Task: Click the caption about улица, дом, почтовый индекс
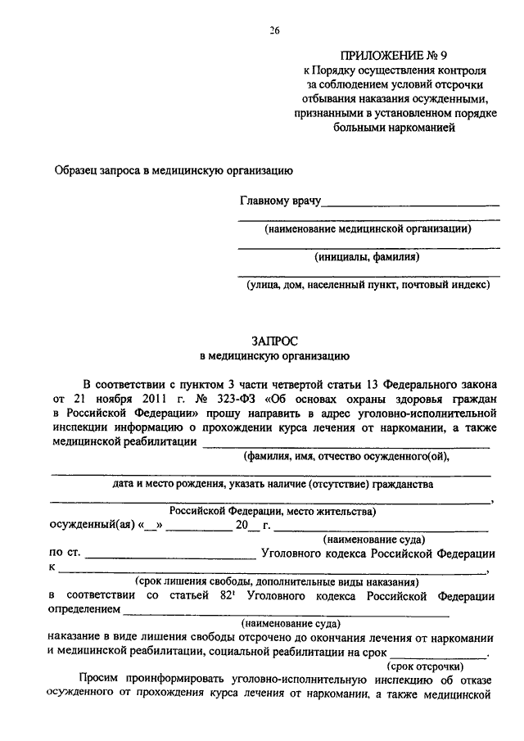point(368,285)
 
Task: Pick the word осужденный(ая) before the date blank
point(88,526)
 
